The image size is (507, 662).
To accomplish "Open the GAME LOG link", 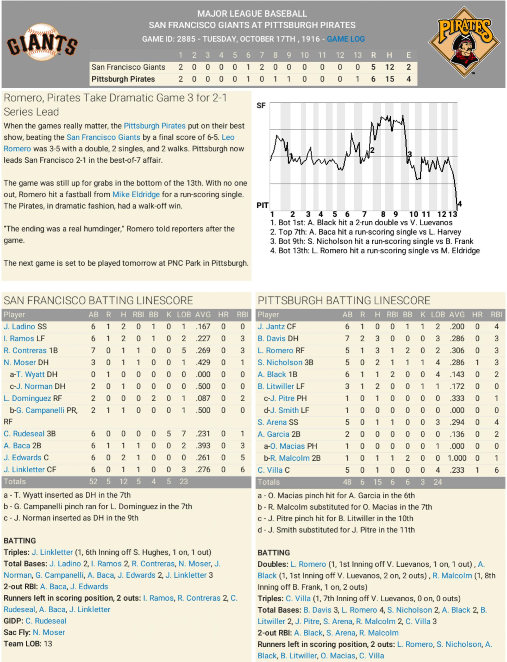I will (x=346, y=39).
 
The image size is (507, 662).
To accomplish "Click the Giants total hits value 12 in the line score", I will (x=389, y=67).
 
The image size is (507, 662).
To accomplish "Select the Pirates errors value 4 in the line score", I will (x=408, y=79).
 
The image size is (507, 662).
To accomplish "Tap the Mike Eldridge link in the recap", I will (x=136, y=195).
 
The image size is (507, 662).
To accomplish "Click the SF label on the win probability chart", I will (x=261, y=106).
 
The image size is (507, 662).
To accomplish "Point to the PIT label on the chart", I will (x=262, y=205).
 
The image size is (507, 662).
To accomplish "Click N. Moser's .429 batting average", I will (x=203, y=362).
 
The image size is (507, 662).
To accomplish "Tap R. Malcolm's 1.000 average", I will (x=457, y=458).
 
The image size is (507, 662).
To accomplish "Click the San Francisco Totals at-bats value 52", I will (x=93, y=481).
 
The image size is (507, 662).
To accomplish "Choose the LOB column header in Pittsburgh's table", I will (x=437, y=314).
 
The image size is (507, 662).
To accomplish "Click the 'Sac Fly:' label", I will (x=17, y=632).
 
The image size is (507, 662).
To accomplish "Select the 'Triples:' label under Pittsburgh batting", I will (x=270, y=598).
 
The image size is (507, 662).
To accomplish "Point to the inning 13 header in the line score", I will (x=358, y=55).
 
